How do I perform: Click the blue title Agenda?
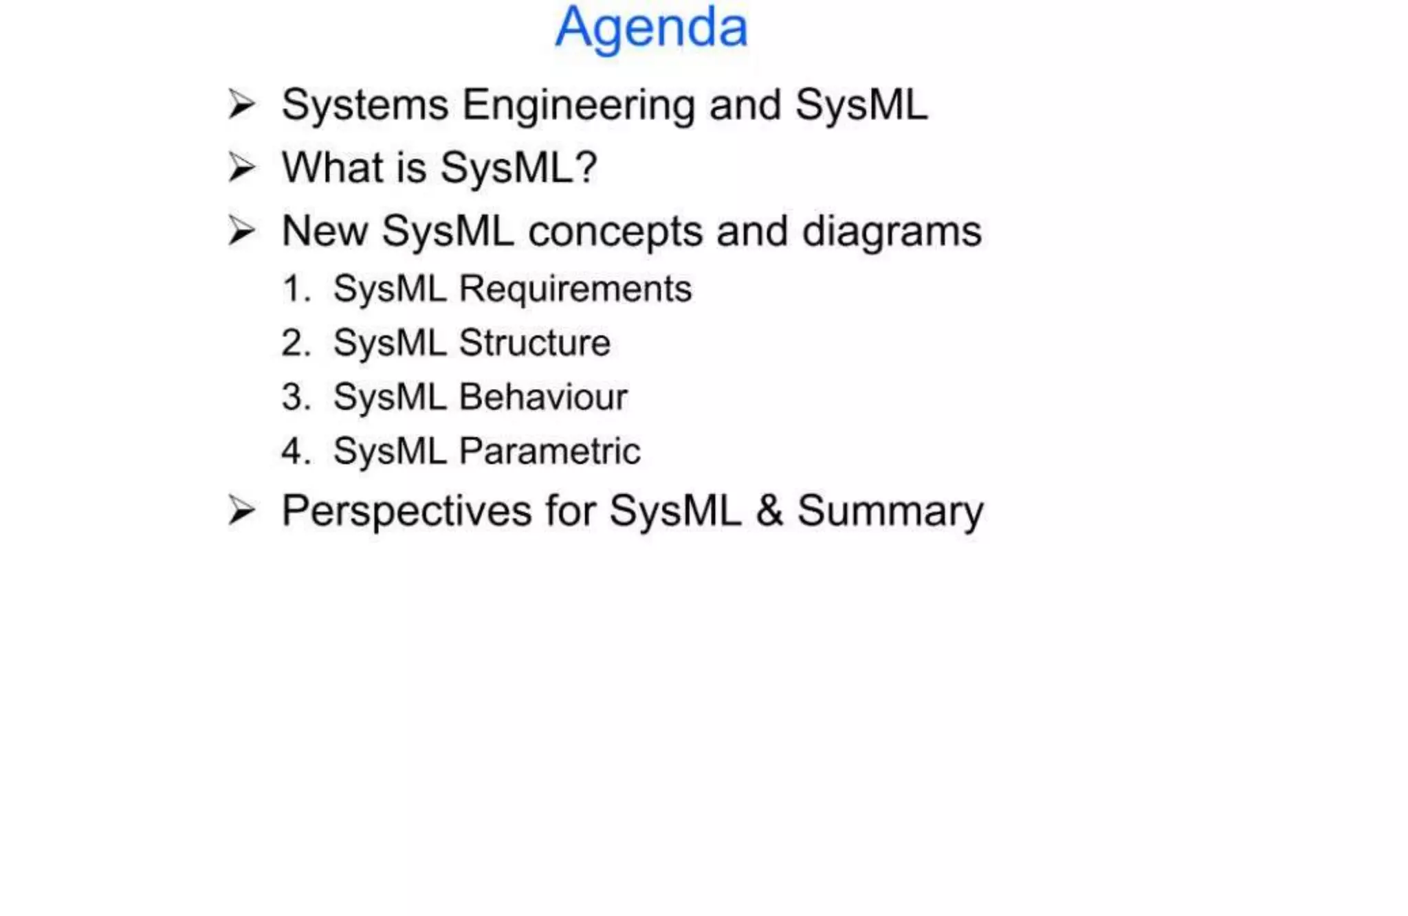pyautogui.click(x=651, y=28)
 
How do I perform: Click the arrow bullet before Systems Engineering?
pyautogui.click(x=241, y=105)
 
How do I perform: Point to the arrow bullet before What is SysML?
pyautogui.click(x=241, y=168)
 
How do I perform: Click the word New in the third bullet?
pyautogui.click(x=324, y=231)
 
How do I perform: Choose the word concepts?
pyautogui.click(x=615, y=232)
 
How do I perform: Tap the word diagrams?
pyautogui.click(x=892, y=232)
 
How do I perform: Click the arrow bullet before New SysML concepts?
pyautogui.click(x=241, y=231)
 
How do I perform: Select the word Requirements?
pyautogui.click(x=575, y=289)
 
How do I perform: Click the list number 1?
pyautogui.click(x=295, y=289)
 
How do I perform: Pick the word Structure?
pyautogui.click(x=534, y=343)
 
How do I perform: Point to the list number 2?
pyautogui.click(x=296, y=343)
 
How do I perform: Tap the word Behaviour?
pyautogui.click(x=543, y=397)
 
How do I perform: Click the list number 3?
pyautogui.click(x=296, y=397)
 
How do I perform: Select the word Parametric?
pyautogui.click(x=549, y=451)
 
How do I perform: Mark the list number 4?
pyautogui.click(x=296, y=451)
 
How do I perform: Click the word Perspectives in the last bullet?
pyautogui.click(x=406, y=512)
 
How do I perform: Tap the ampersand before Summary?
pyautogui.click(x=769, y=511)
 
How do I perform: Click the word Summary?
pyautogui.click(x=890, y=513)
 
